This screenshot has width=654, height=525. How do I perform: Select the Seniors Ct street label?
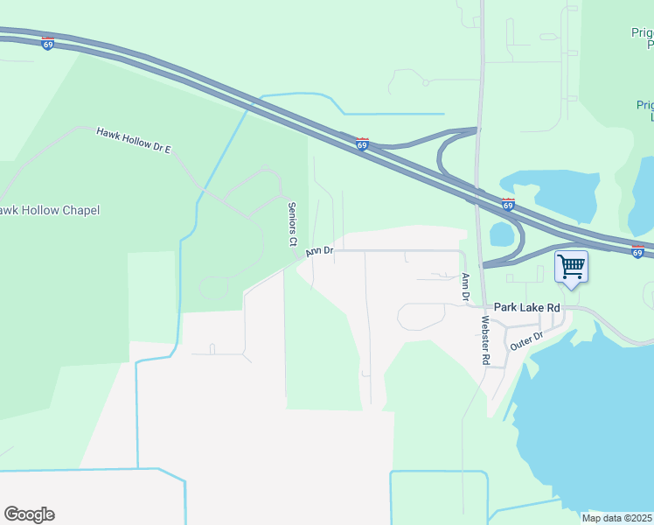[293, 223]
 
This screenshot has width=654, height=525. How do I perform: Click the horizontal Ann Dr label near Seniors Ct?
[319, 251]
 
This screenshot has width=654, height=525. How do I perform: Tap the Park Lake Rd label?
[526, 307]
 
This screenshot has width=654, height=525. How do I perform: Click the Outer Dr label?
[526, 339]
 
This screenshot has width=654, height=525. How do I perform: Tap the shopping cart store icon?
[571, 265]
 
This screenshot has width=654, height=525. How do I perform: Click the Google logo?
[29, 514]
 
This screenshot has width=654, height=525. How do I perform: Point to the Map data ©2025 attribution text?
[617, 518]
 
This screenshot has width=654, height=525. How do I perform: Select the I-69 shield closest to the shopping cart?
[637, 252]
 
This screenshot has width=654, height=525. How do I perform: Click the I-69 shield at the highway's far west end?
[47, 44]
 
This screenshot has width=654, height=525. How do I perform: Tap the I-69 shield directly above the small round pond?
[509, 206]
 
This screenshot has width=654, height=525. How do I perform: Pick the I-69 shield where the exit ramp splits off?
[361, 144]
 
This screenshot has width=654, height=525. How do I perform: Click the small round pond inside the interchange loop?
[502, 234]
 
